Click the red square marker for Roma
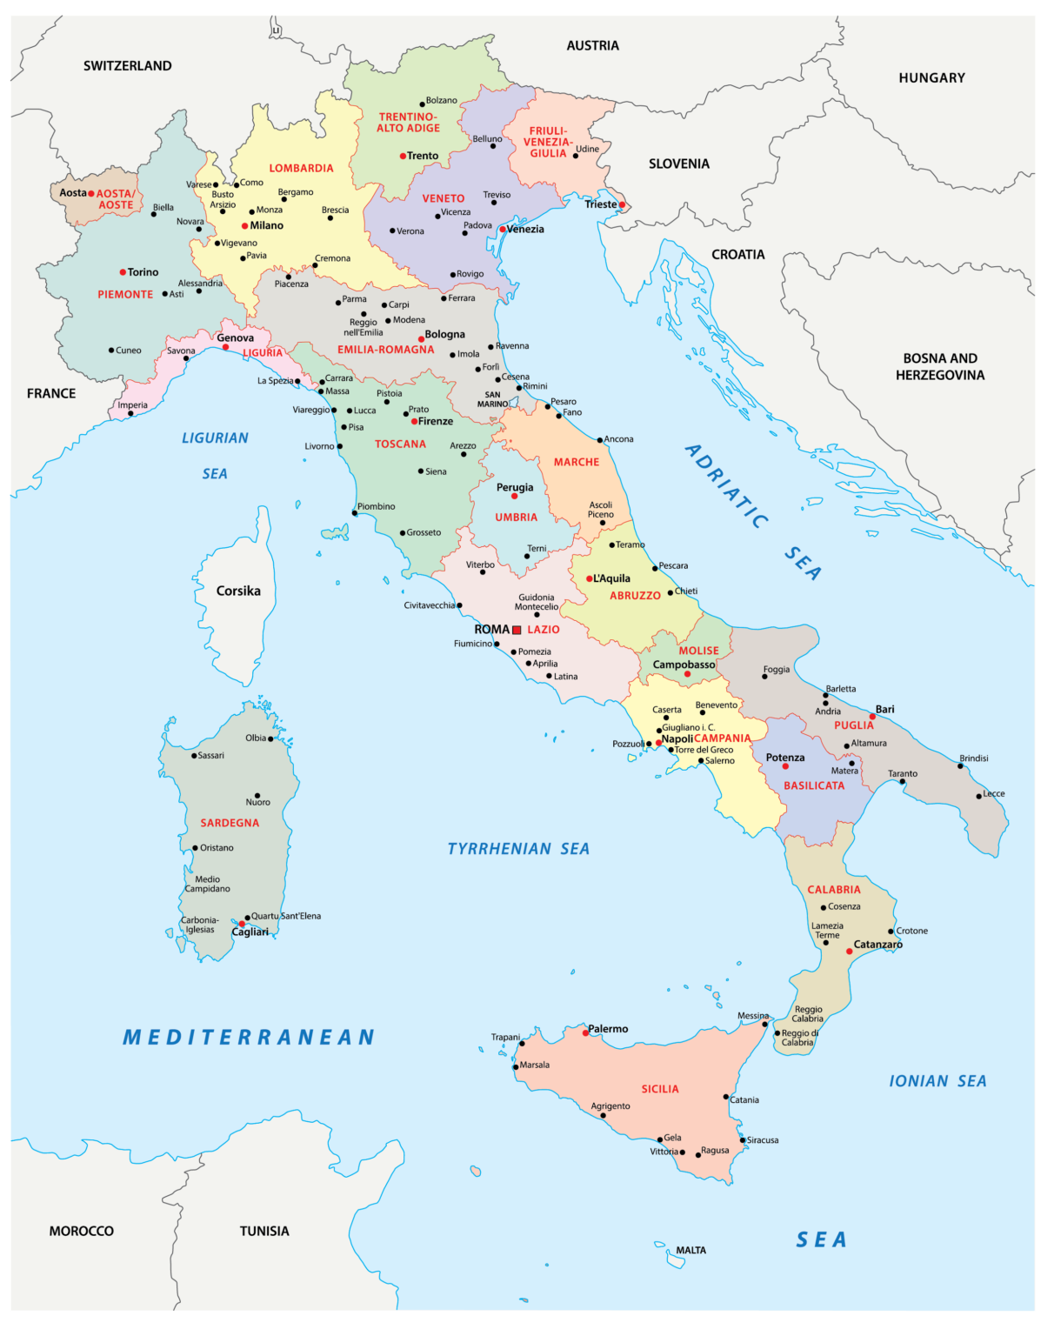pyautogui.click(x=517, y=630)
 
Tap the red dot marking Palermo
pyautogui.click(x=585, y=1032)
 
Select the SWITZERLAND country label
pyautogui.click(x=127, y=66)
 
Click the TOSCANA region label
pyautogui.click(x=400, y=444)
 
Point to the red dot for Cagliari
pyautogui.click(x=242, y=924)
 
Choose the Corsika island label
pyautogui.click(x=238, y=591)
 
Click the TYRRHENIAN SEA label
pyautogui.click(x=518, y=849)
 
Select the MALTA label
pyautogui.click(x=691, y=1251)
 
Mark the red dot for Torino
pyautogui.click(x=123, y=272)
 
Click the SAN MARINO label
pyautogui.click(x=492, y=399)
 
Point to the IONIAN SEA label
pyautogui.click(x=937, y=1081)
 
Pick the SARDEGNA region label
pyautogui.click(x=230, y=823)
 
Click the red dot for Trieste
pyautogui.click(x=622, y=205)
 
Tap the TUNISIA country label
pyautogui.click(x=264, y=1231)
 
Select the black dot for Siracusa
pyautogui.click(x=743, y=1140)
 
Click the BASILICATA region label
pyautogui.click(x=814, y=785)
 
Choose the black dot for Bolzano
pyautogui.click(x=423, y=104)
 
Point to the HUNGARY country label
pyautogui.click(x=931, y=78)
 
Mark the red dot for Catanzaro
pyautogui.click(x=850, y=952)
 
